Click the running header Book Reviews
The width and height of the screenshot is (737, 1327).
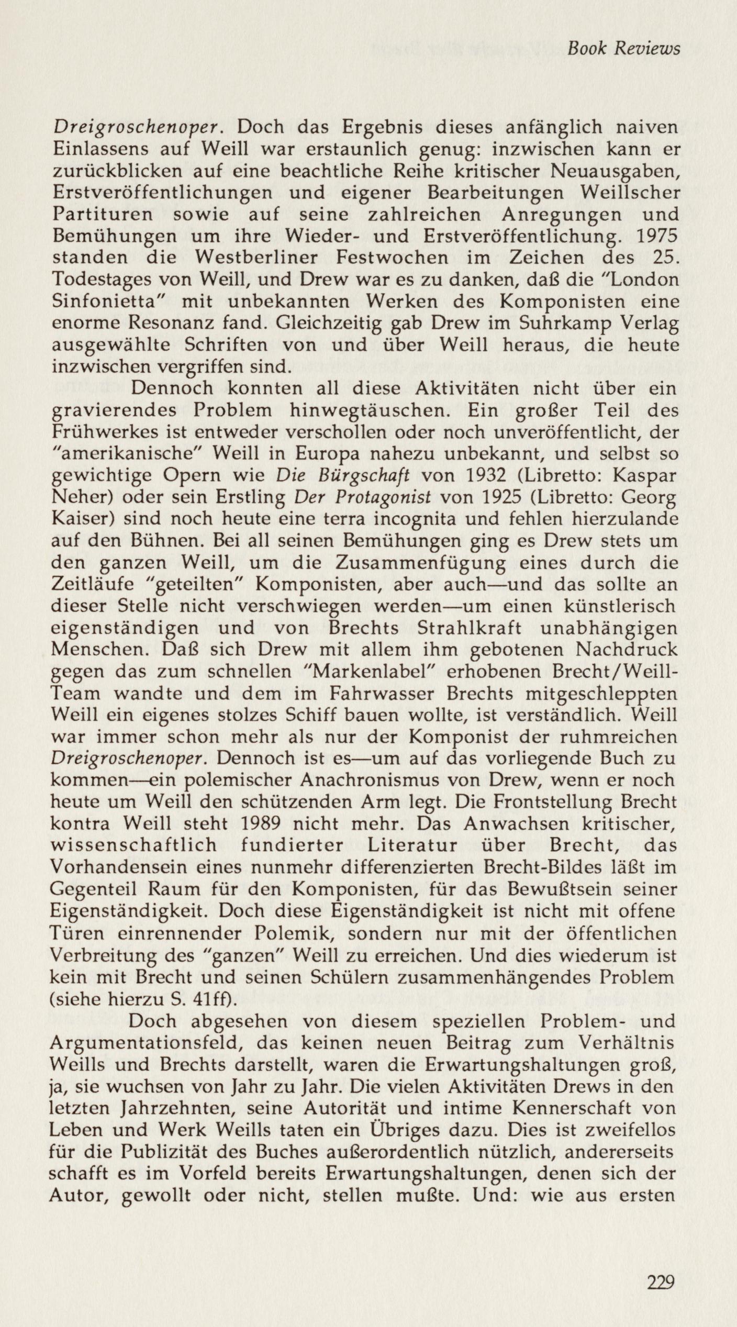pyautogui.click(x=624, y=49)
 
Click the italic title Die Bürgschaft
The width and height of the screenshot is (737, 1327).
pyautogui.click(x=343, y=476)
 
